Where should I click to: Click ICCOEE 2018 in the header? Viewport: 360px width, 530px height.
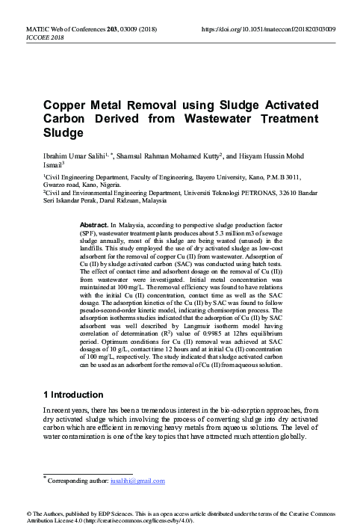(26, 37)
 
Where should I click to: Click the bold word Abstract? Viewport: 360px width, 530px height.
(93, 224)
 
